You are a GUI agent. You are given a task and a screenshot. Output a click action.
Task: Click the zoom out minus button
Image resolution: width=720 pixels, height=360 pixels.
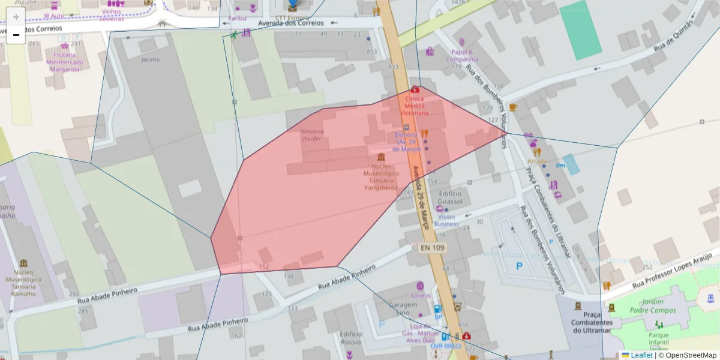[16, 35]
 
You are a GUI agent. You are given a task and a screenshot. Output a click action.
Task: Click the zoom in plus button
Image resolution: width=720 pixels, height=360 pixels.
[16, 17]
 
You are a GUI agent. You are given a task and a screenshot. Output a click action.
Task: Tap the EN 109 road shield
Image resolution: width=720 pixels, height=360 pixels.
[430, 247]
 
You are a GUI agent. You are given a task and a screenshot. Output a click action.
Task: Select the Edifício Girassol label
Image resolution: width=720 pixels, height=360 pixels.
[451, 197]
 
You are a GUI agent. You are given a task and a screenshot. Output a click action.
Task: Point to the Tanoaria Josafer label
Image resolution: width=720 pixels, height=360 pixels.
[316, 135]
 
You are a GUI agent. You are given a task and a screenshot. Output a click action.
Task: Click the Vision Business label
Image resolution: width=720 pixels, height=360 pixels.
[446, 220]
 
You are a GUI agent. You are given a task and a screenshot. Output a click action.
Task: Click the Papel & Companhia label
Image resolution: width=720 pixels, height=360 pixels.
[462, 56]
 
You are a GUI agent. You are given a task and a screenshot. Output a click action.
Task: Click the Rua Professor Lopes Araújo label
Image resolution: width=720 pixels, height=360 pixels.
[675, 270]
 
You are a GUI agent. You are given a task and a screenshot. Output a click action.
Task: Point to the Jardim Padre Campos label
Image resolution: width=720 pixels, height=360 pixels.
[655, 306]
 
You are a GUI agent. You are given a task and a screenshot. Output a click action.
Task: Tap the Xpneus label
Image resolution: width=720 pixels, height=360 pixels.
[421, 295]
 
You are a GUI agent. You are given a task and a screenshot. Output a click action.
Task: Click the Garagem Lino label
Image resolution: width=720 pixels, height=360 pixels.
[402, 308]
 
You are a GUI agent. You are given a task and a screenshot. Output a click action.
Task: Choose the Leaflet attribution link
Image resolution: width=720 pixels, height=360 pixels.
[641, 355]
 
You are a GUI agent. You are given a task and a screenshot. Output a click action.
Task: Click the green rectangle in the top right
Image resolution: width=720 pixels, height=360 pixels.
[580, 30]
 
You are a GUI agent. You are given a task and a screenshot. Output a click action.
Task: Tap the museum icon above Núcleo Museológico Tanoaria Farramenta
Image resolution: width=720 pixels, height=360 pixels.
[382, 157]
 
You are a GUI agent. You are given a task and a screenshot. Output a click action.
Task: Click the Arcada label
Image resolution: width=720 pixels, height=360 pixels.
[537, 161]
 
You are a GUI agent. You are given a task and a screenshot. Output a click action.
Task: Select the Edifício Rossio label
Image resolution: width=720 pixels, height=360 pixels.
[350, 338]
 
